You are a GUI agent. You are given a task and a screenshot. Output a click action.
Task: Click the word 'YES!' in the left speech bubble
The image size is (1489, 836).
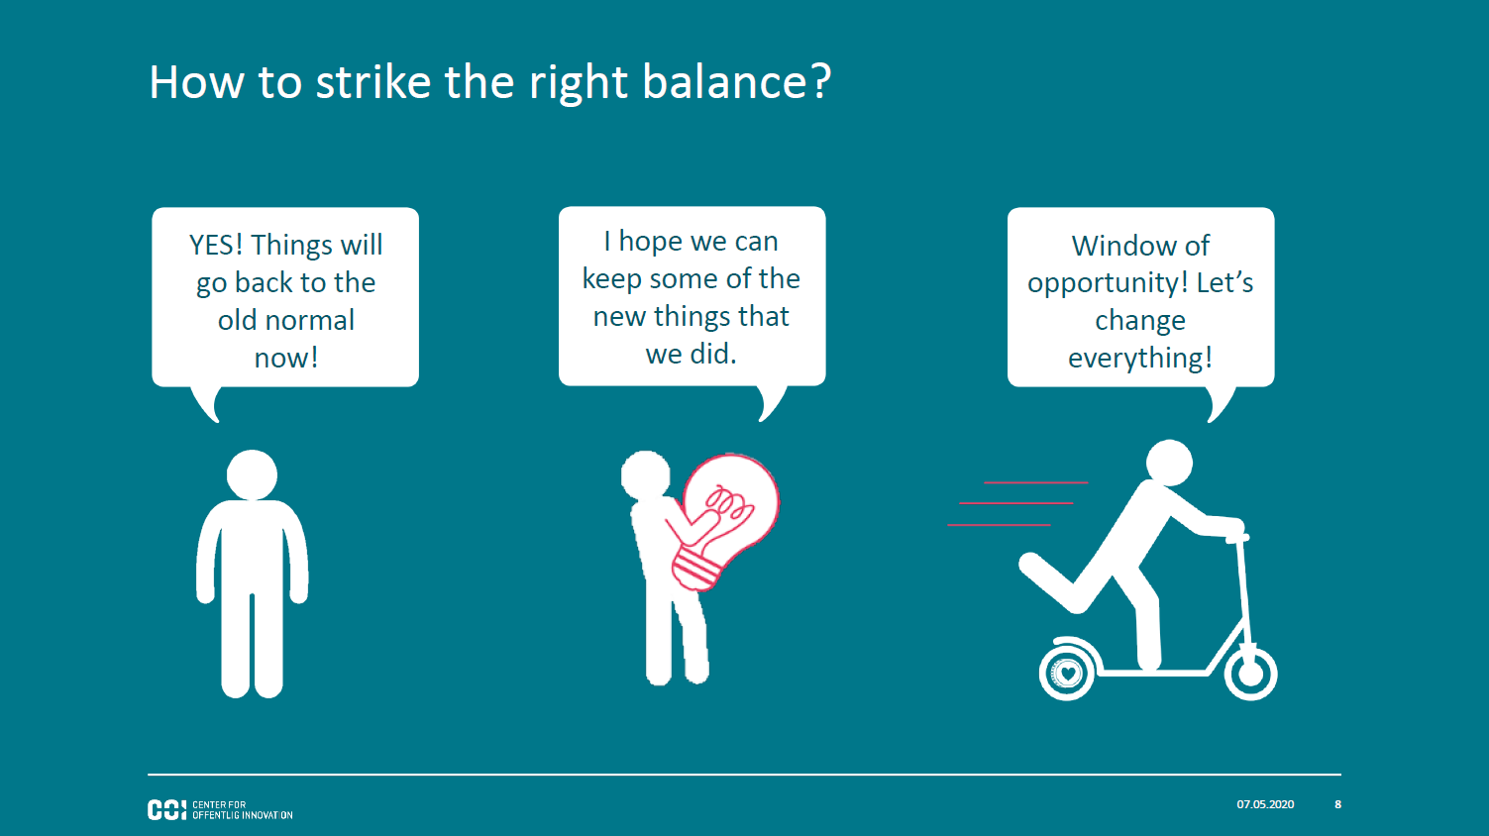click(215, 246)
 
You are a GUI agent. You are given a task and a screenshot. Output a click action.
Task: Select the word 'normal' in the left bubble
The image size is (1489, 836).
click(310, 320)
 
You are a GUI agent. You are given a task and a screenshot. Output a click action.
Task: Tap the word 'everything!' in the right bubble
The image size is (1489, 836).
click(1140, 359)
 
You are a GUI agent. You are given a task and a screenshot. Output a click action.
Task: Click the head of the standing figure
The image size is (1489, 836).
click(252, 474)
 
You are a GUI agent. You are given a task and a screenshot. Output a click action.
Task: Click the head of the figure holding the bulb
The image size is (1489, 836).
click(646, 474)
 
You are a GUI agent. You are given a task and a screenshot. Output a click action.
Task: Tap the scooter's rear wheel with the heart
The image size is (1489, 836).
click(1068, 673)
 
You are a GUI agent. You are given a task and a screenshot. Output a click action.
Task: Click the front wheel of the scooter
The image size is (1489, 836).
click(1250, 674)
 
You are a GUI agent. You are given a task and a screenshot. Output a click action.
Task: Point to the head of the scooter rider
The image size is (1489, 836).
click(1169, 463)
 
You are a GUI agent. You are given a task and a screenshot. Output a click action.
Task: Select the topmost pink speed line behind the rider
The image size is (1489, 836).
click(1035, 482)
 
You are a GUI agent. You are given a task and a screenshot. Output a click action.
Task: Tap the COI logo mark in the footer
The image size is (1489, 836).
click(166, 810)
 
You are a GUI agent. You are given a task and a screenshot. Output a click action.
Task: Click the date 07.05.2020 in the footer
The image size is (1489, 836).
click(1265, 804)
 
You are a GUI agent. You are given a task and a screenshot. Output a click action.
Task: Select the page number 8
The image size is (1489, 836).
click(1338, 804)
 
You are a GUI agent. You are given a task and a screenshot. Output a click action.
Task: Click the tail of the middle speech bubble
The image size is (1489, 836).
click(770, 400)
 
